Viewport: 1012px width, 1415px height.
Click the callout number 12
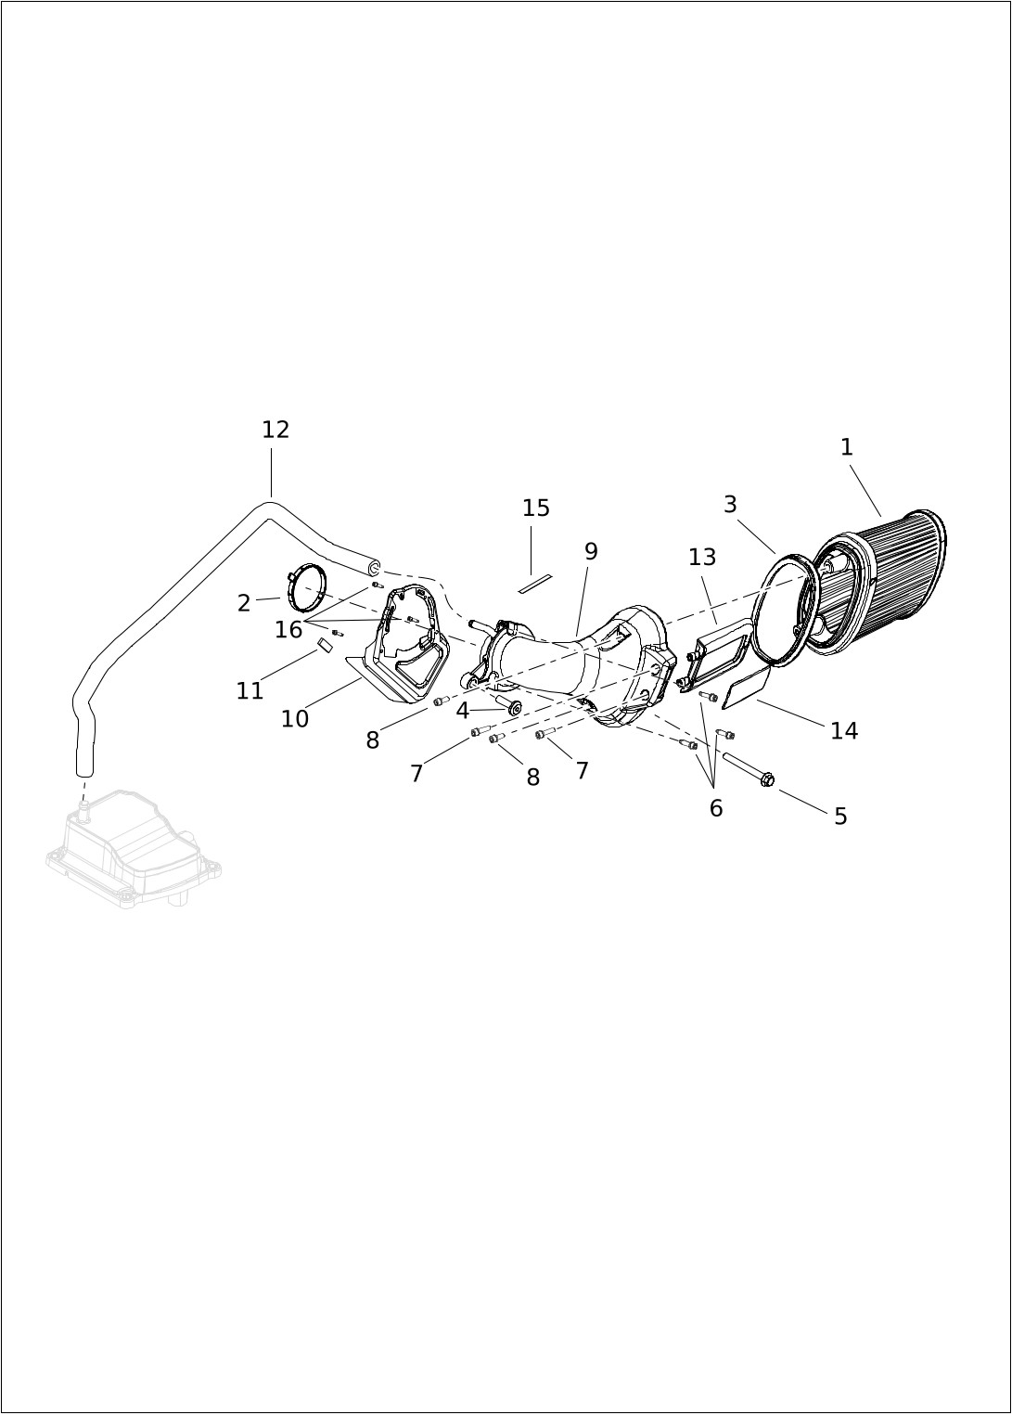[x=275, y=430]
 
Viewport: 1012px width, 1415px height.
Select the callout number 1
[x=847, y=447]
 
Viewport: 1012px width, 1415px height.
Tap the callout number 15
[x=536, y=508]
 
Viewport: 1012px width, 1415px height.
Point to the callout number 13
[x=702, y=557]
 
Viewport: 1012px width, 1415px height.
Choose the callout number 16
[x=288, y=629]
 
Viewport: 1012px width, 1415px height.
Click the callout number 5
[x=840, y=817]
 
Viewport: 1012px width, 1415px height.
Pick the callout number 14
[x=844, y=731]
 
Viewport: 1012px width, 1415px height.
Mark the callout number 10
[x=295, y=719]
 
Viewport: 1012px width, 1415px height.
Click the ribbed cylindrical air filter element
[x=878, y=583]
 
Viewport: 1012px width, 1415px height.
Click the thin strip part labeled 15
[x=534, y=584]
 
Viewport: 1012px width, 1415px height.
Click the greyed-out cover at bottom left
[x=134, y=847]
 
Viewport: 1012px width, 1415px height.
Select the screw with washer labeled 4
[x=508, y=703]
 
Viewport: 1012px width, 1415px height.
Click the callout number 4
[x=463, y=712]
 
